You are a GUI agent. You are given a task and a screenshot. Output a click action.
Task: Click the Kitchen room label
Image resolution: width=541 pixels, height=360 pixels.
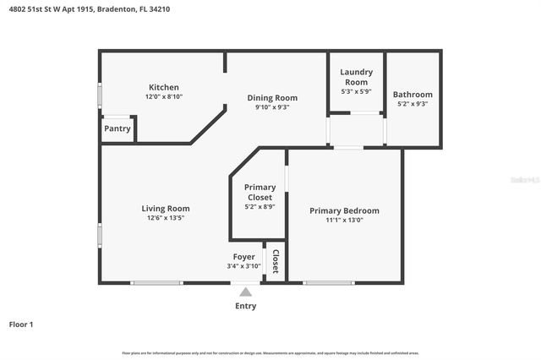pos(164,87)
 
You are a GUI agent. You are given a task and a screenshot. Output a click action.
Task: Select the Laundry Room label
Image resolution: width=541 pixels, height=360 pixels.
pos(356,77)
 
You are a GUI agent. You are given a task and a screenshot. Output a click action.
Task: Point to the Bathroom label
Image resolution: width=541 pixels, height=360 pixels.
pos(413,94)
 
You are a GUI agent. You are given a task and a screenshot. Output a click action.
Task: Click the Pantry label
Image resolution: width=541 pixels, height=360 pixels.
pos(117,129)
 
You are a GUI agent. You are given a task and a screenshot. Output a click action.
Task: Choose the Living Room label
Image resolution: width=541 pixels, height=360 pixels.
pos(165,208)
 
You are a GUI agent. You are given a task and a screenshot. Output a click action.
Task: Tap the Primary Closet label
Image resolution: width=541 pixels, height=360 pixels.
pos(260,192)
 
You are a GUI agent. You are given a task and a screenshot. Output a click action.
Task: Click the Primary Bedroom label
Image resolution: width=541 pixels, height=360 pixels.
pos(344,210)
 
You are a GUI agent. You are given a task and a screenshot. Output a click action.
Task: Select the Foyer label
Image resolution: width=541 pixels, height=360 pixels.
pos(244,256)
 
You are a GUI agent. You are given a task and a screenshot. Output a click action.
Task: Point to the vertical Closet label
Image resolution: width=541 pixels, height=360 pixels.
pos(275,261)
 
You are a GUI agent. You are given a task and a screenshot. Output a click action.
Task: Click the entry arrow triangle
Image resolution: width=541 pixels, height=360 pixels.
pos(245,292)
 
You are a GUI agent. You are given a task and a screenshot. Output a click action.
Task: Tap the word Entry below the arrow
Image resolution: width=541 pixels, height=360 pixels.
pos(245,306)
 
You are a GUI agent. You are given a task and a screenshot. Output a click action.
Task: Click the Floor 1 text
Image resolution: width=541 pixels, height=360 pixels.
pos(20,324)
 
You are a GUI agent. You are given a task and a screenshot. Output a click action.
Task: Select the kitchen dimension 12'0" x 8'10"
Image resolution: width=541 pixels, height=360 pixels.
pos(164,97)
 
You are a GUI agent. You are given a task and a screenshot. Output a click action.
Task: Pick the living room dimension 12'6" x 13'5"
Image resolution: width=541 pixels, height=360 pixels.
pos(165,218)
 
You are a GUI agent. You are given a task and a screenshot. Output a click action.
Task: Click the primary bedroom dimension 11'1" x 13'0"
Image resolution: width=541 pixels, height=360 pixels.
pos(344,221)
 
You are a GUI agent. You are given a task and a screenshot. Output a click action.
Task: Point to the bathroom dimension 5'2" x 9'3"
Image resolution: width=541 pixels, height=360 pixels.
pos(413,104)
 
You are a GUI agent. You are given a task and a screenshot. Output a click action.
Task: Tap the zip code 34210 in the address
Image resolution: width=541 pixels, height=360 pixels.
pos(181,9)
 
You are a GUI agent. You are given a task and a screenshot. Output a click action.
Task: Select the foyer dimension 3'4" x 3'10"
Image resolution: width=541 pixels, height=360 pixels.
pos(244,266)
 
